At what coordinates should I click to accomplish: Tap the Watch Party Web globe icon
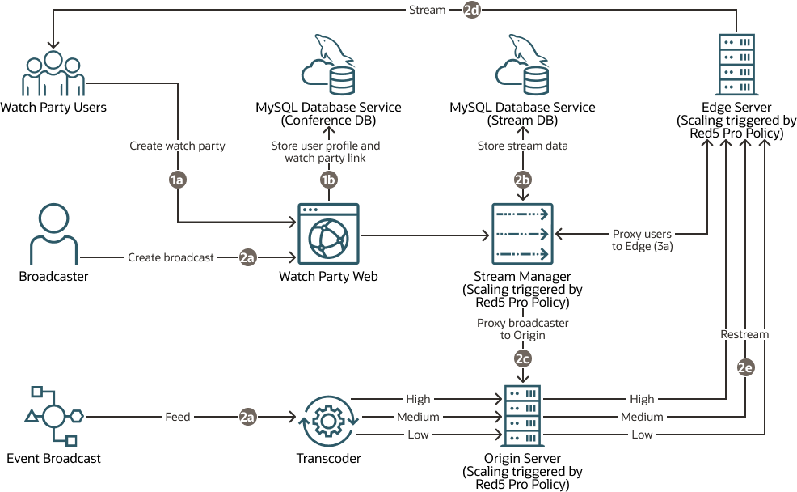(x=328, y=233)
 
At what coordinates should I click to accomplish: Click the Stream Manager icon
(x=522, y=233)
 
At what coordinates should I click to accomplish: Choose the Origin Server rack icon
(x=522, y=417)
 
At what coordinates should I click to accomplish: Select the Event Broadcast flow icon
(x=53, y=417)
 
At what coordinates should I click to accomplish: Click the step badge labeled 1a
(x=177, y=181)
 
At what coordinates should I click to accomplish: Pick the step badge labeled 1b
(x=328, y=181)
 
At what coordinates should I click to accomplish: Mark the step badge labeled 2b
(x=522, y=181)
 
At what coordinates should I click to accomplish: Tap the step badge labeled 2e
(x=744, y=367)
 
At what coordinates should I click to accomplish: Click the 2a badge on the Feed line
(x=247, y=417)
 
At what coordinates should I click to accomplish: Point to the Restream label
(x=744, y=334)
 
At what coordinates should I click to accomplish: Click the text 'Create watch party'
(x=177, y=146)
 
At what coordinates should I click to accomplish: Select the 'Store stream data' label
(x=522, y=146)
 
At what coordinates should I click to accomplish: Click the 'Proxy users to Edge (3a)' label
(x=643, y=240)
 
